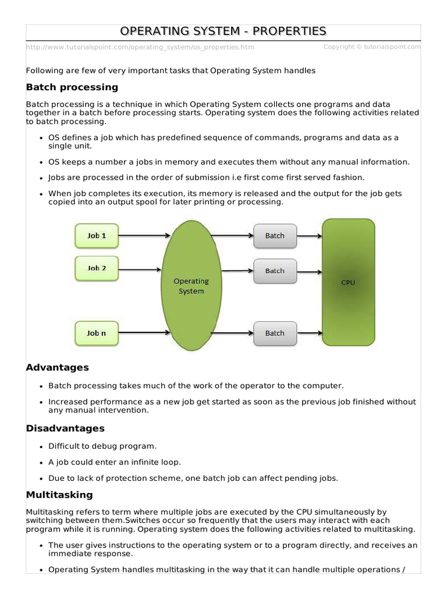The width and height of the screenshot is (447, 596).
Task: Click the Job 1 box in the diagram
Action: pos(97,236)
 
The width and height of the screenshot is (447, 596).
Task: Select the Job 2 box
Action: pos(97,268)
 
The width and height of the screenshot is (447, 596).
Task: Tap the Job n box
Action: pos(97,333)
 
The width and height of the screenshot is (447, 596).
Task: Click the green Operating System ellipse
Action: pos(191,286)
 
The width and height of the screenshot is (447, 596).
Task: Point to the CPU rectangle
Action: pos(348,282)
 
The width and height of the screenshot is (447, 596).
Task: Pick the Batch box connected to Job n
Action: pos(275,333)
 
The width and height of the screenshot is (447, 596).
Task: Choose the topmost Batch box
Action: pos(275,236)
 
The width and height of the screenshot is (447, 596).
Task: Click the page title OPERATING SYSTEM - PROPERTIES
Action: pos(223,31)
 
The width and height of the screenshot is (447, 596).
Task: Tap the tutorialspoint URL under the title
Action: pos(140,47)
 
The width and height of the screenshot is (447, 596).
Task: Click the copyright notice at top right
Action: pos(371,47)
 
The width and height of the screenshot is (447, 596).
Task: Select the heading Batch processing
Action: pos(72,87)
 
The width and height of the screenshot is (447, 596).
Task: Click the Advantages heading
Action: pos(58,368)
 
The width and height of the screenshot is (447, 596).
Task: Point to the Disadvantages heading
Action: pos(65,428)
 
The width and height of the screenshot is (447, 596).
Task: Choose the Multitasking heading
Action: pos(59,495)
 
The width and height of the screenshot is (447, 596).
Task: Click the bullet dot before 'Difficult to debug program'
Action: pos(41,447)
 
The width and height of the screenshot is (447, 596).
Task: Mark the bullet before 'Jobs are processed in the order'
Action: pos(41,178)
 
